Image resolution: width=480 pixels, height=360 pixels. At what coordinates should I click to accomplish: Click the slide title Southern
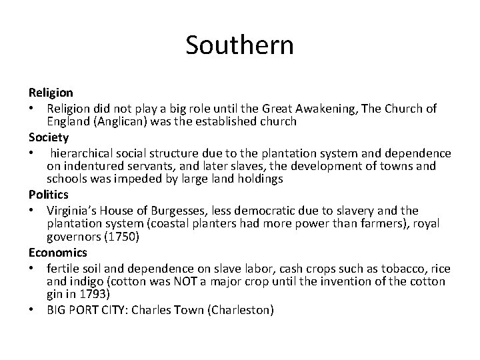[x=239, y=45]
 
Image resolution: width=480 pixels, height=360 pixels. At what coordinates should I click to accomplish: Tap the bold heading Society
[x=49, y=138]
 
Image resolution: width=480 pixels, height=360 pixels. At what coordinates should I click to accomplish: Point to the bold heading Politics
[x=48, y=194]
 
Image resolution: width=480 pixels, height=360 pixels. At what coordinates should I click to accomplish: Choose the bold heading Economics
[x=57, y=253]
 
